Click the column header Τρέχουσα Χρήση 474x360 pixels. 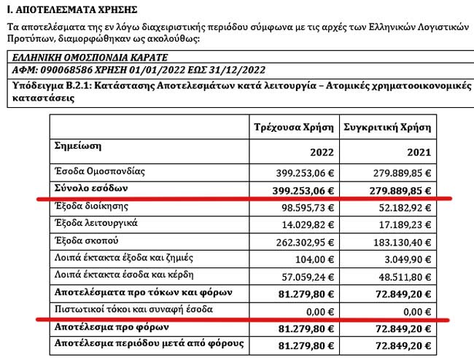tap(292, 127)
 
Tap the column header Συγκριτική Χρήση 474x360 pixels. tap(386, 127)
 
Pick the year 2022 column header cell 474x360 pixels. tap(322, 152)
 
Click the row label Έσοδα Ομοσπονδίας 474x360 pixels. tap(101, 172)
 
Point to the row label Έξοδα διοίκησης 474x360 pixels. tap(88, 207)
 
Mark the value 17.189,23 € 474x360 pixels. tap(398, 224)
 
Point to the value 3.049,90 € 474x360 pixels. tap(400, 259)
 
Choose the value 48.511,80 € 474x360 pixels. tap(398, 277)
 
